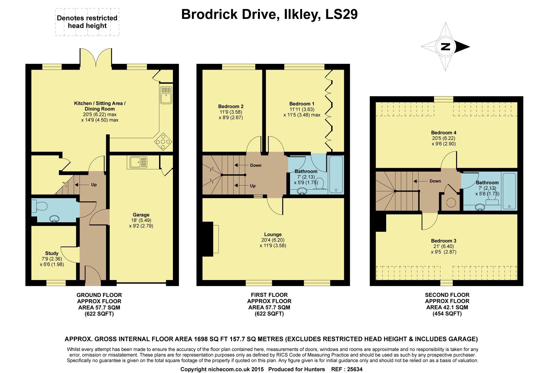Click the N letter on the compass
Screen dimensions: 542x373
446,47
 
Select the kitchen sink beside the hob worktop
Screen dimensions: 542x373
166,95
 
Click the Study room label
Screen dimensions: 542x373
52,253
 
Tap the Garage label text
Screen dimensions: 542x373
141,215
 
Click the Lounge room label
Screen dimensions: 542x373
273,234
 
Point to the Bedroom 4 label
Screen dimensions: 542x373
444,133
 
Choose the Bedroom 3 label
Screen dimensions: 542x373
444,241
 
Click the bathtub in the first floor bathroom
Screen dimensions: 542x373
336,174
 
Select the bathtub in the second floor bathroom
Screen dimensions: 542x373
510,191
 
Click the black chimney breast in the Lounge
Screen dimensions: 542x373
208,239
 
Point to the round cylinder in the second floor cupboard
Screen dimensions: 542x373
451,203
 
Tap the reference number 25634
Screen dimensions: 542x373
354,369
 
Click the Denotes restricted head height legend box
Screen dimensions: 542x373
87,22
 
